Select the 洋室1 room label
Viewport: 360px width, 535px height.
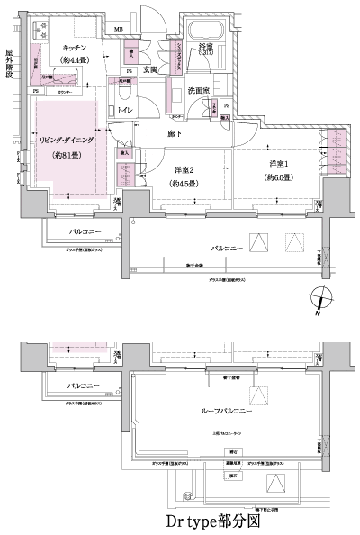point(281,164)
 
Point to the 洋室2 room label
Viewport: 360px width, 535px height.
point(184,171)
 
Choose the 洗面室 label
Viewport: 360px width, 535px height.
point(199,90)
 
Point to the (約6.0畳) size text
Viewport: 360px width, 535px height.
point(281,177)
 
